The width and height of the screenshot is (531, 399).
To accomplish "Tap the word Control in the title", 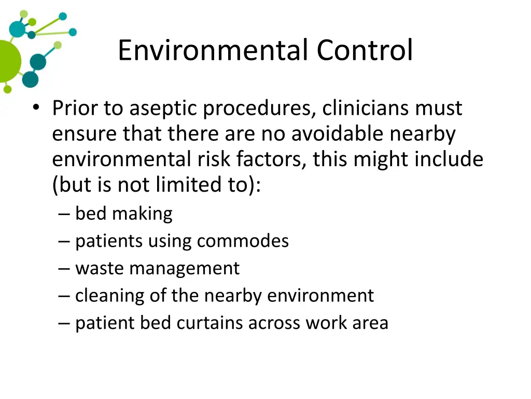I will pos(365,50).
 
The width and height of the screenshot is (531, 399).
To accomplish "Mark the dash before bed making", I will pos(64,214).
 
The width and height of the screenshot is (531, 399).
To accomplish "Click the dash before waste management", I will pos(64,269).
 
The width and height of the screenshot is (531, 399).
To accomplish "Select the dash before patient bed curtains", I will pos(64,323).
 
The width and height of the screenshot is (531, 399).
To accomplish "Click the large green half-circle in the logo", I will pos(8,61).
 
